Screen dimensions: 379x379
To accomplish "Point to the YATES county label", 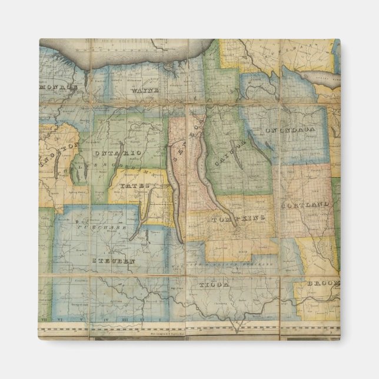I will coord(131,185).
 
